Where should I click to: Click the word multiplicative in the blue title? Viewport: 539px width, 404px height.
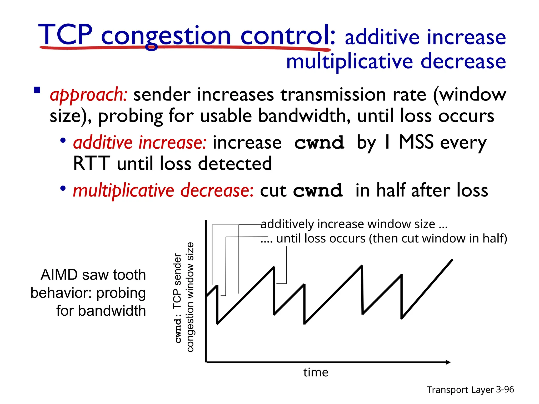tap(350, 62)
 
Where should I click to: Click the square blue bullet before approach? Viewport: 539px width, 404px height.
tap(37, 90)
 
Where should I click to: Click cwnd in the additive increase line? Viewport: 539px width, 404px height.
tap(319, 143)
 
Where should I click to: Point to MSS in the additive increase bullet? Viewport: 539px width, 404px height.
tap(416, 142)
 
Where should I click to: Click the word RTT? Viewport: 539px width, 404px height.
tap(91, 164)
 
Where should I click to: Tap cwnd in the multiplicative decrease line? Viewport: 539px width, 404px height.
tap(318, 191)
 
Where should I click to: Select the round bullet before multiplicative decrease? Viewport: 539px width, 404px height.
tap(63, 188)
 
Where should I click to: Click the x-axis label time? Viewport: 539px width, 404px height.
tap(316, 372)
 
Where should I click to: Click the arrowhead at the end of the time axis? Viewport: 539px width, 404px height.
tap(448, 362)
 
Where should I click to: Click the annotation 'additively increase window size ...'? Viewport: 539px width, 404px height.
tap(354, 224)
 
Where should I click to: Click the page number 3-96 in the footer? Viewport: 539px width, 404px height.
tap(505, 389)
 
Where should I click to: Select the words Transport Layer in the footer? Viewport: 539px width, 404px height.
tap(460, 390)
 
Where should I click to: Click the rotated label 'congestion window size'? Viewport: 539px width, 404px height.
tap(190, 297)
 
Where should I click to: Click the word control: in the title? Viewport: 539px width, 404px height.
tap(288, 35)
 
